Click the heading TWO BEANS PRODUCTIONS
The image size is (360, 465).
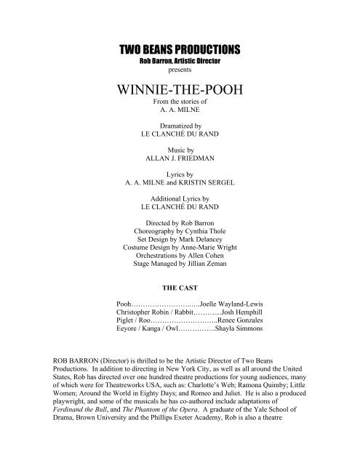click(179, 49)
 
